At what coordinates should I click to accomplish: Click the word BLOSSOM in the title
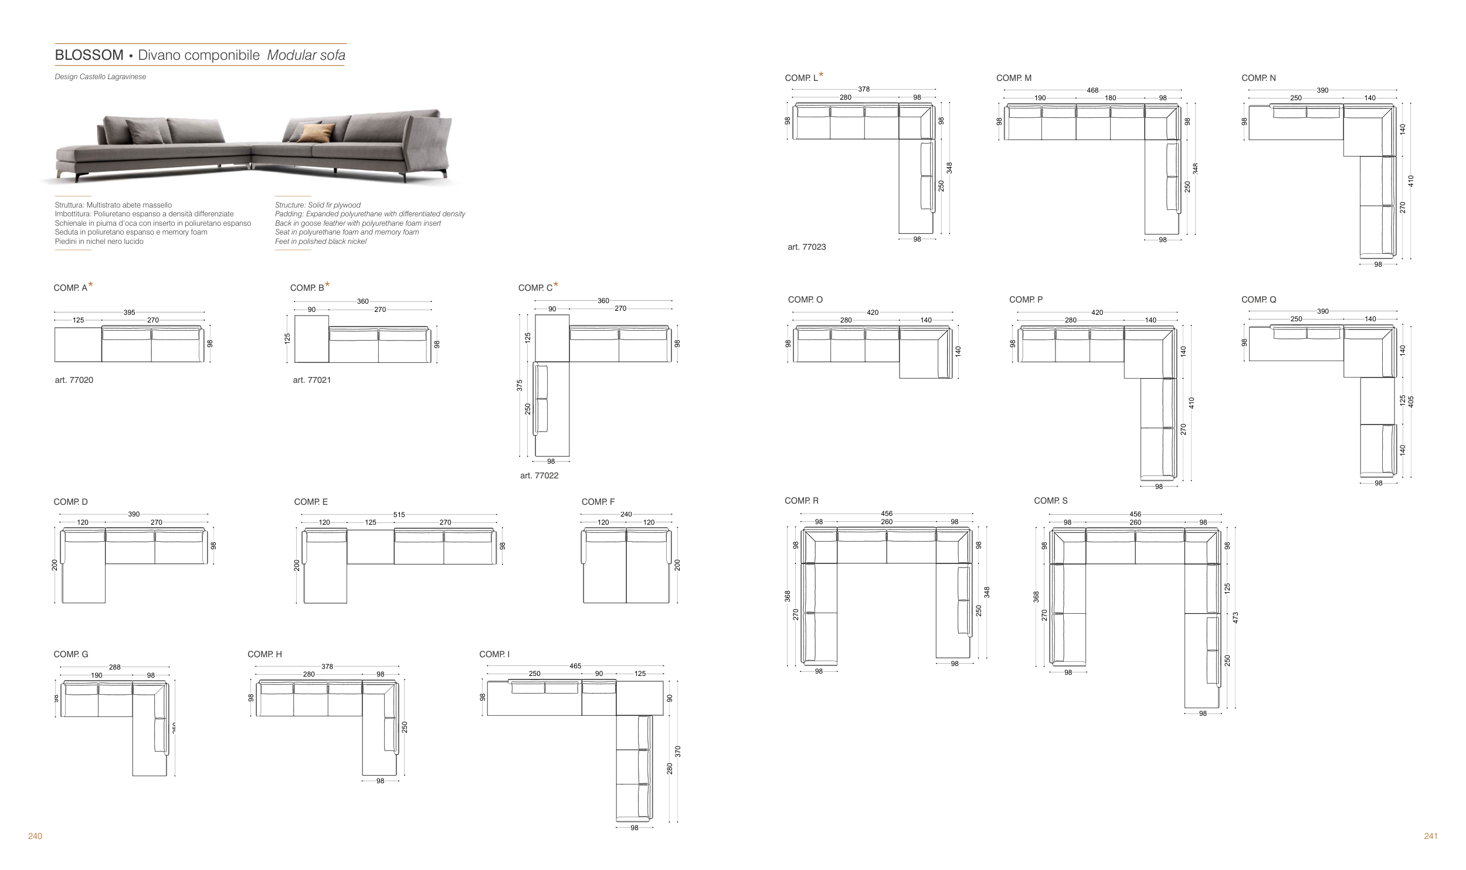coord(89,56)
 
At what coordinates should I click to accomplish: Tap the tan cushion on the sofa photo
coord(315,133)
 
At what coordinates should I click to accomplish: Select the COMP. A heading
coord(70,288)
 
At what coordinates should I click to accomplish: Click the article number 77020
coord(74,380)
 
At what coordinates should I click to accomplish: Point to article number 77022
coord(539,475)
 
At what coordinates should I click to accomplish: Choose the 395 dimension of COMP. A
coord(129,312)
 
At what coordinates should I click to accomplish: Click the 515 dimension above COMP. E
coord(399,515)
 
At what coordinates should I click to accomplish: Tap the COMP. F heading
coord(598,502)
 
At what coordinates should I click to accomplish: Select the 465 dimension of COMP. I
coord(575,666)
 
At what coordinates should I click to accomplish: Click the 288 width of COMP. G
coord(115,667)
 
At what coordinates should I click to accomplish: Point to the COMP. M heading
coord(1013,78)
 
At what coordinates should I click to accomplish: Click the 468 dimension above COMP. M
coord(1092,91)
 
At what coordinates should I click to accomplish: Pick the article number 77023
coord(806,247)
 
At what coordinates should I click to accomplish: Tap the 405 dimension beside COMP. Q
coord(1411,402)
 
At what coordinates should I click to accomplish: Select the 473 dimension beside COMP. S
coord(1236,617)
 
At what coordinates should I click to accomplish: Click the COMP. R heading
coord(802,501)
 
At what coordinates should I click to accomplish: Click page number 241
coord(1430,836)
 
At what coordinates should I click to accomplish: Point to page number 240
coord(35,836)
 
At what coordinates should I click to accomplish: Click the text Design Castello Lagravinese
coord(100,77)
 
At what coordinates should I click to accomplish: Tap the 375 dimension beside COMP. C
coord(520,385)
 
